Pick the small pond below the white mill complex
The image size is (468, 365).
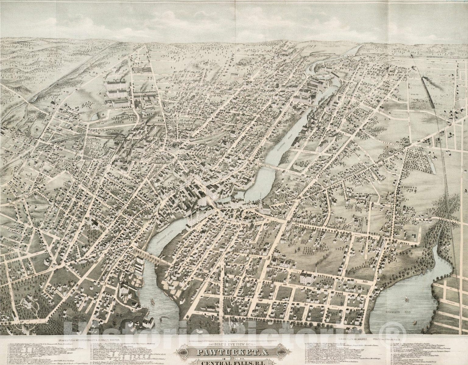click(x=95, y=115)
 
